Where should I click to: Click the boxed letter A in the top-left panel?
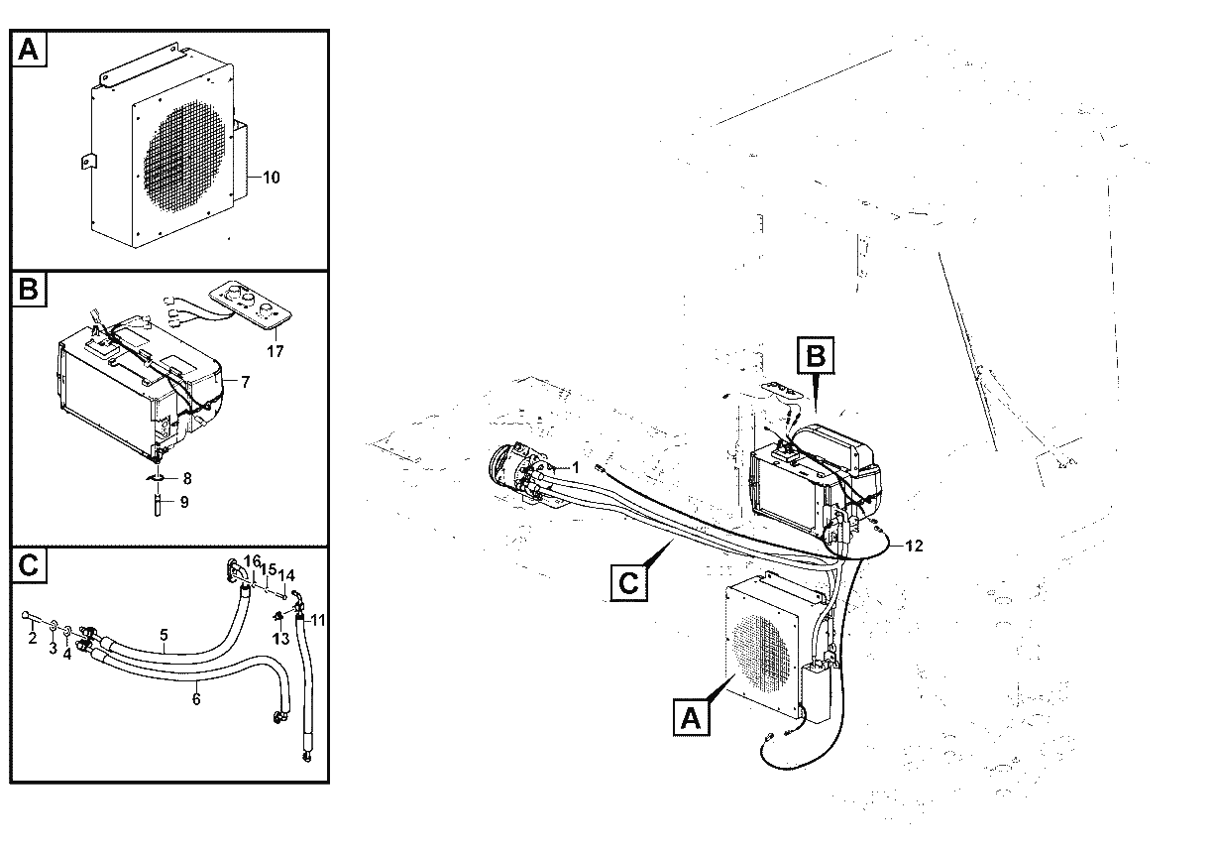click(x=29, y=50)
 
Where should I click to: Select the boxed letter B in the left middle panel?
click(x=29, y=289)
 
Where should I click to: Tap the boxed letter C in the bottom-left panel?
click(x=29, y=565)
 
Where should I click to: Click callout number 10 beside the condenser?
click(x=272, y=178)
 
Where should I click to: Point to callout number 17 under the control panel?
click(x=275, y=351)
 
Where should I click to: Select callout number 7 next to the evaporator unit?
click(x=246, y=382)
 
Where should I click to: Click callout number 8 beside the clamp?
click(x=187, y=478)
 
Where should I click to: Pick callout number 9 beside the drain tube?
click(x=184, y=502)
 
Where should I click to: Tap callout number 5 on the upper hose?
click(x=164, y=635)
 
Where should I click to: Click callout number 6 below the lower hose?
click(x=196, y=698)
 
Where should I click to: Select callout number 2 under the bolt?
click(x=33, y=638)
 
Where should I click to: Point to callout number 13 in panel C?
click(x=280, y=639)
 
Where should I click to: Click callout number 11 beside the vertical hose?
click(x=318, y=620)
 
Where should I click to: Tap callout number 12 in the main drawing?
click(x=915, y=546)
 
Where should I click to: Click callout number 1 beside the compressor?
click(x=576, y=467)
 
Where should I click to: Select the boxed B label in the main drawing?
click(x=816, y=355)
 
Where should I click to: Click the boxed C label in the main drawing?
click(x=628, y=583)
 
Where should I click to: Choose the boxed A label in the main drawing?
click(x=691, y=718)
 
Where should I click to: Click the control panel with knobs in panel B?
click(x=250, y=305)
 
